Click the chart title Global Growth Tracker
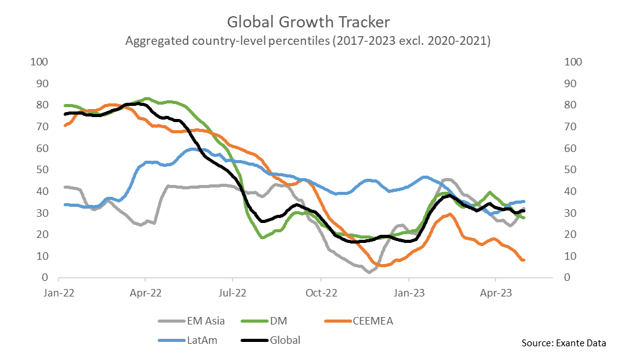click(x=308, y=22)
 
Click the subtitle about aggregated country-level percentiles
click(x=308, y=42)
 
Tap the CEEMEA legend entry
click(x=371, y=321)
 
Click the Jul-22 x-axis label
click(x=232, y=290)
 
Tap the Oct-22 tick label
click(x=320, y=290)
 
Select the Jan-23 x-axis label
click(x=408, y=290)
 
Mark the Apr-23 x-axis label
click(x=495, y=290)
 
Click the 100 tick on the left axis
click(x=39, y=62)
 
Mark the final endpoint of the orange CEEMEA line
click(x=524, y=260)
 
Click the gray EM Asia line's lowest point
click(x=370, y=272)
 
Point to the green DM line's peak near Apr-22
click(x=147, y=98)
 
